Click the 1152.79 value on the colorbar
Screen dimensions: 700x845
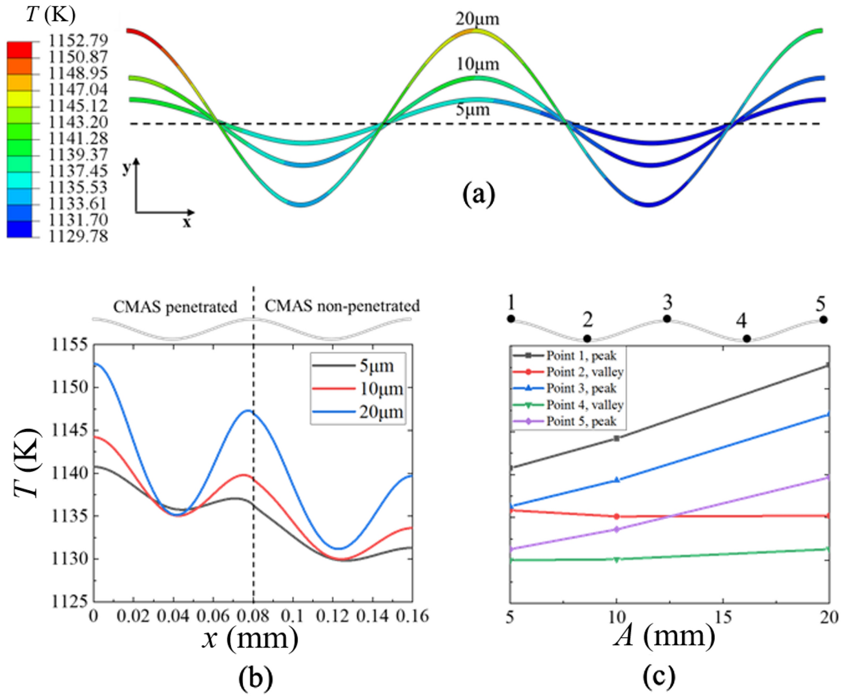point(78,40)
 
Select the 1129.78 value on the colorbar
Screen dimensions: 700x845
point(78,236)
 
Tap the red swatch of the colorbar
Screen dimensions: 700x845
point(20,49)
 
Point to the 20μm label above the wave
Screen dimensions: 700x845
point(477,19)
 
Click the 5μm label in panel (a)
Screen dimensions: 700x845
point(472,110)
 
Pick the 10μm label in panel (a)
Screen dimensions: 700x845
point(478,64)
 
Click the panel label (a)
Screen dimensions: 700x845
point(478,194)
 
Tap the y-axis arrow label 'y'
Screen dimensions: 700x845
point(126,168)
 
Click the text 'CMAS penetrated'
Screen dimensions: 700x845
point(175,307)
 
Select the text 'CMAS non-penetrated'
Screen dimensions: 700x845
point(342,306)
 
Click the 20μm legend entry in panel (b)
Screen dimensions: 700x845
point(381,412)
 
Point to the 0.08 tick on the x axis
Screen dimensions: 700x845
point(253,616)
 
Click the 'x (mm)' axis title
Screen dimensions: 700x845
point(250,638)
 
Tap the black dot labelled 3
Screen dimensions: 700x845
point(667,319)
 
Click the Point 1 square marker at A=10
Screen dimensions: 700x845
point(617,438)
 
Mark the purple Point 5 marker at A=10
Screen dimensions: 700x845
point(617,529)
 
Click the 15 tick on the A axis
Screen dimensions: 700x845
point(723,617)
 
